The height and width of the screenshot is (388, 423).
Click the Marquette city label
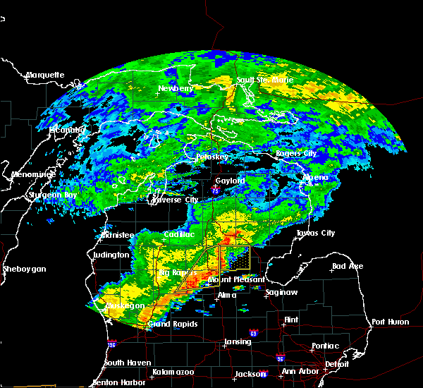(45, 75)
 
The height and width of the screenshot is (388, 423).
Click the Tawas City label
(315, 233)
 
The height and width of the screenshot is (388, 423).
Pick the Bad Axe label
(348, 266)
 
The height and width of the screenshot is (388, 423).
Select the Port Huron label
(390, 321)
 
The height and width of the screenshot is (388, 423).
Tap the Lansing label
(238, 342)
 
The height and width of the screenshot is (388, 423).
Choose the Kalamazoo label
(173, 371)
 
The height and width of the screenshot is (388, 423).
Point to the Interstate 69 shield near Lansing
(253, 332)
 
